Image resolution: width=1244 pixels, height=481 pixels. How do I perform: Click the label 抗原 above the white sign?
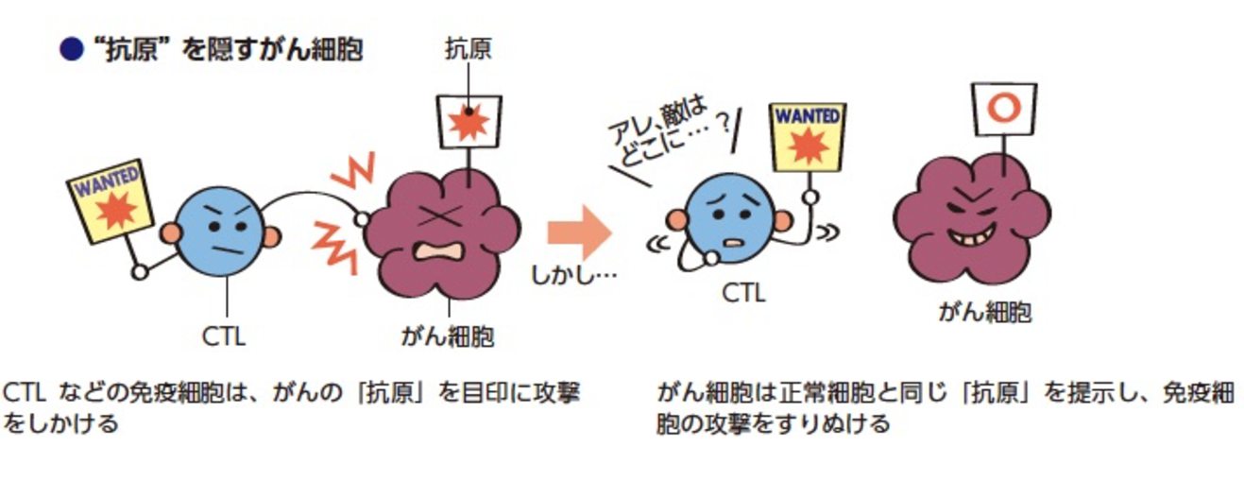[469, 49]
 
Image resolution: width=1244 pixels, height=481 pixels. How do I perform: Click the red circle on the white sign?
[1002, 107]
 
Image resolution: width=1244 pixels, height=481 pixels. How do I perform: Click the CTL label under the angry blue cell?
[224, 335]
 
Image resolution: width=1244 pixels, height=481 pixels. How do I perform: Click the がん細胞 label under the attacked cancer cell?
[449, 336]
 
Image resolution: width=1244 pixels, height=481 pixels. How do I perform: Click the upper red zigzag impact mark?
[355, 173]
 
